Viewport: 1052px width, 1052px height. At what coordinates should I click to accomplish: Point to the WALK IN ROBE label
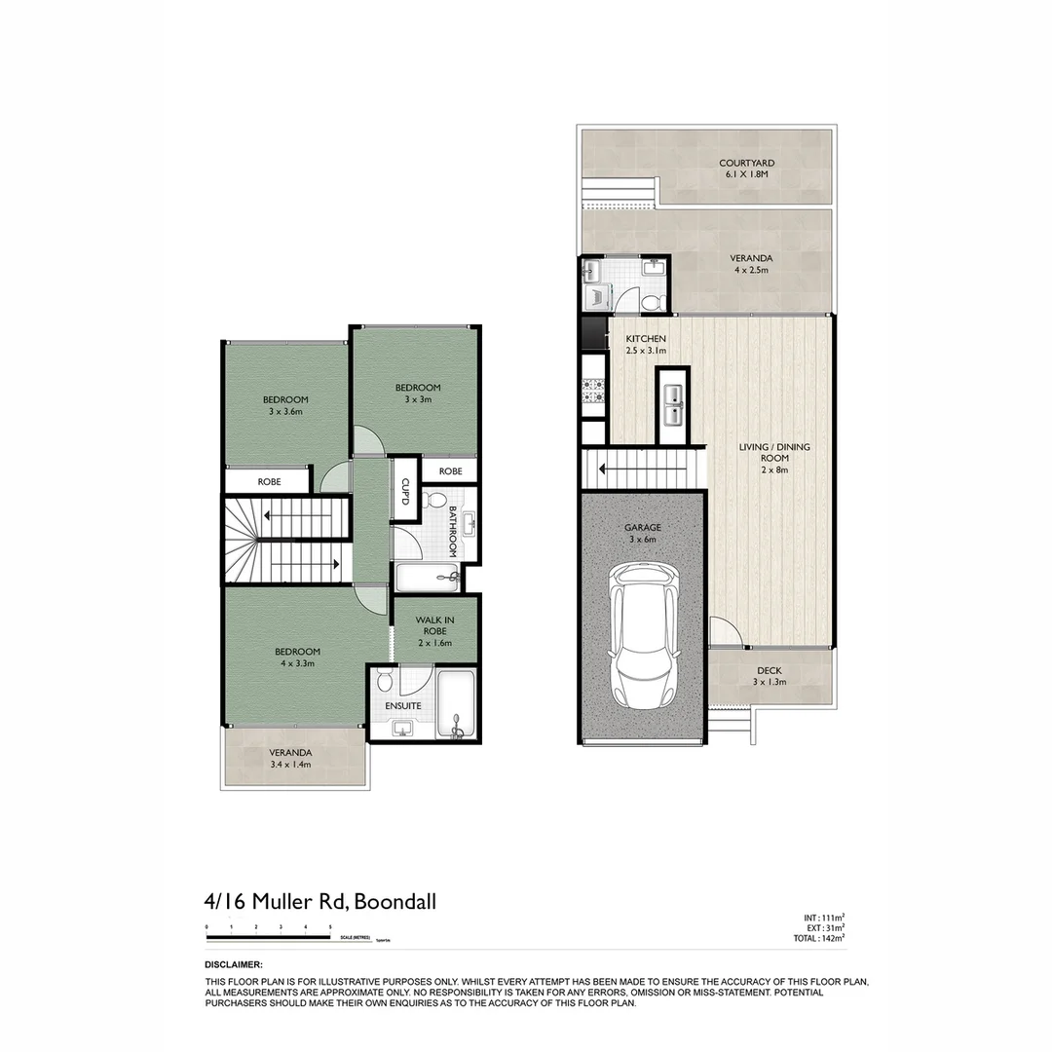[x=434, y=630]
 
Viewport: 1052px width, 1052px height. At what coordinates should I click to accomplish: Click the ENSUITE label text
[x=402, y=704]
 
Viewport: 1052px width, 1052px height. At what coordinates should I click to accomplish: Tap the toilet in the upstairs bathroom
[x=437, y=503]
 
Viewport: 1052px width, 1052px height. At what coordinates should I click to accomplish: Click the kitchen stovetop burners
[x=592, y=393]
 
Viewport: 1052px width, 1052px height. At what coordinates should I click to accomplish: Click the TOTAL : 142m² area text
[x=819, y=938]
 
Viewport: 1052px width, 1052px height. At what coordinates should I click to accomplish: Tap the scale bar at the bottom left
[x=269, y=938]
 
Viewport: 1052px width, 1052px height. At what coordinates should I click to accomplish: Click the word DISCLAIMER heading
[x=234, y=964]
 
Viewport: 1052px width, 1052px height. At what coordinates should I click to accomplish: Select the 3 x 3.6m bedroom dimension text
[x=285, y=412]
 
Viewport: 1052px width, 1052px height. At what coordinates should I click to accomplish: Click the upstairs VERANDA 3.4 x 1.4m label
[x=290, y=759]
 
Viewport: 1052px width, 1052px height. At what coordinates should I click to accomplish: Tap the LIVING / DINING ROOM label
[x=774, y=458]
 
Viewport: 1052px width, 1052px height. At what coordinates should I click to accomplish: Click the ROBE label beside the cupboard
[x=450, y=471]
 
